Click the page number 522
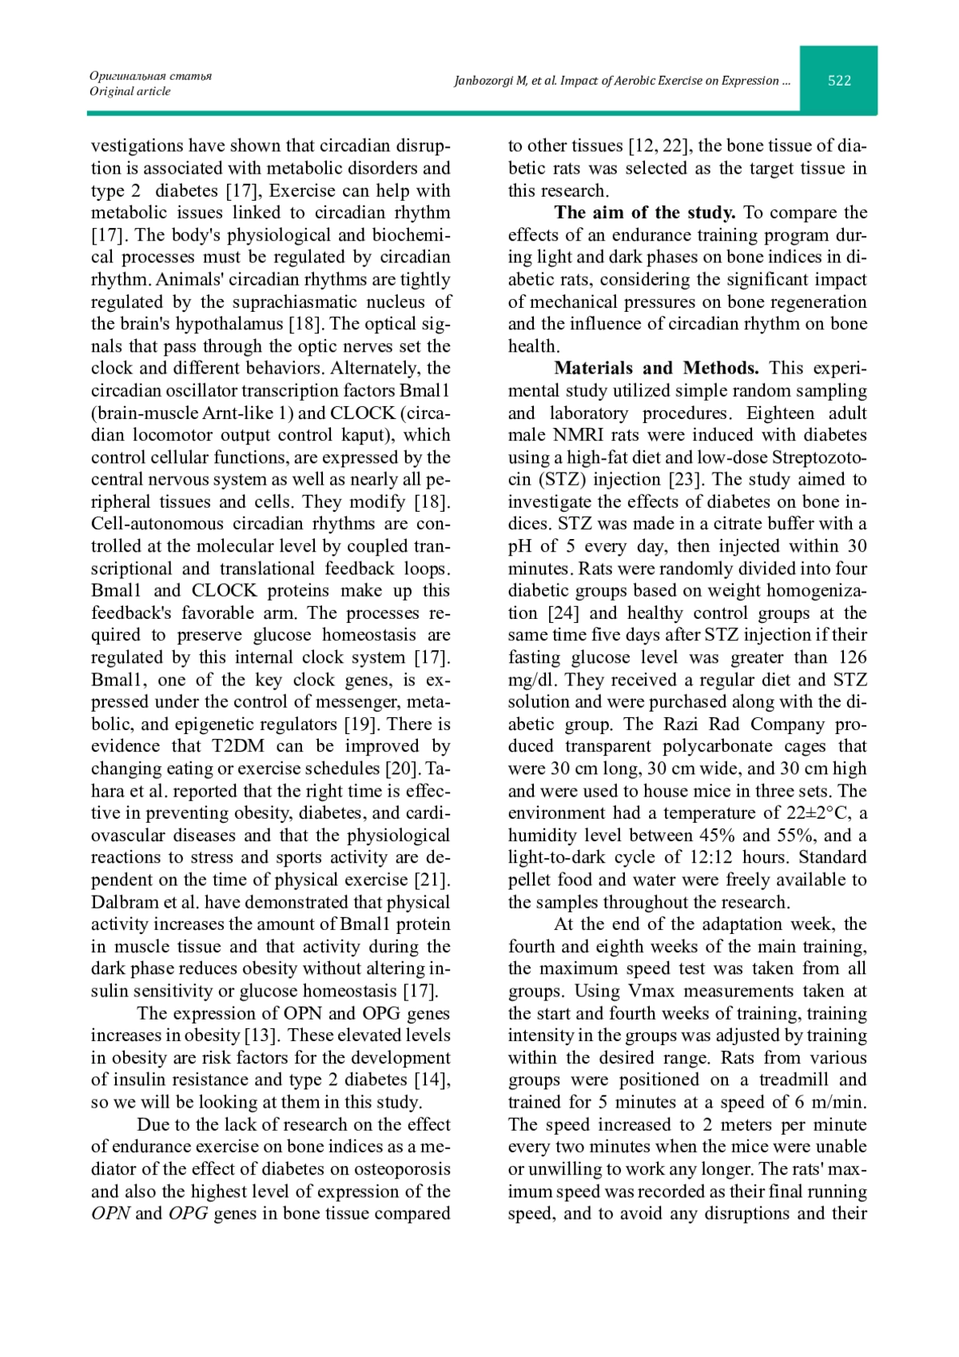(x=839, y=80)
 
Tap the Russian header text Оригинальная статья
(x=150, y=76)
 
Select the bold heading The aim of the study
(x=644, y=213)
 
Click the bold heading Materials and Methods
(x=656, y=369)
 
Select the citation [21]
(x=432, y=880)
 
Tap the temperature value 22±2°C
(x=813, y=813)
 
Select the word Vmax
(x=633, y=992)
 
